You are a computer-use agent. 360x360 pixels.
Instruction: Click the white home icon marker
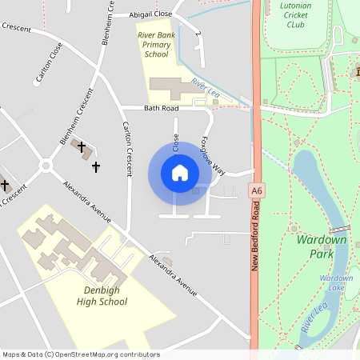tap(180, 173)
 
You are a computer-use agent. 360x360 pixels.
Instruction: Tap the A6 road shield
tap(256, 191)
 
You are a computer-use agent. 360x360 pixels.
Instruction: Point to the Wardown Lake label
tap(335, 282)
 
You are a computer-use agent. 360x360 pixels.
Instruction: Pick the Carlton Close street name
tap(45, 62)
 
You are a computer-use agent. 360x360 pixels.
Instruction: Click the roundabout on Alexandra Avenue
tap(45, 166)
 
